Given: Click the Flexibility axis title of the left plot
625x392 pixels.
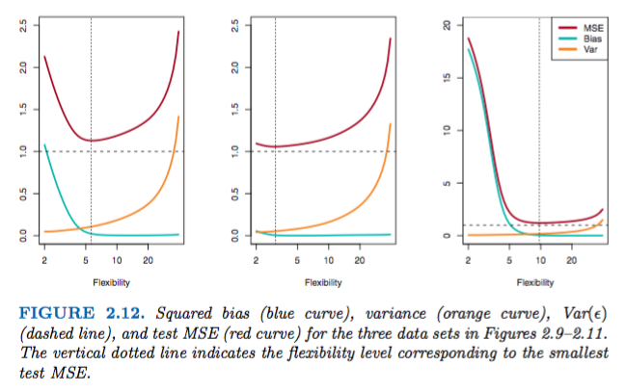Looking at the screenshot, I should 111,282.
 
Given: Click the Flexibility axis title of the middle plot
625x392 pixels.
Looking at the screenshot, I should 322,282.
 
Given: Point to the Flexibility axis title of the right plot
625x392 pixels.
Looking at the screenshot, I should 534,282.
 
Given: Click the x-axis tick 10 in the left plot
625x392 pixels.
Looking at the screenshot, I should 116,261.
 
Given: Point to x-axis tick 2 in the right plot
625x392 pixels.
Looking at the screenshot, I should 468,261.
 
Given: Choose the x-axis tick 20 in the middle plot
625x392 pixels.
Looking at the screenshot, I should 359,261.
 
